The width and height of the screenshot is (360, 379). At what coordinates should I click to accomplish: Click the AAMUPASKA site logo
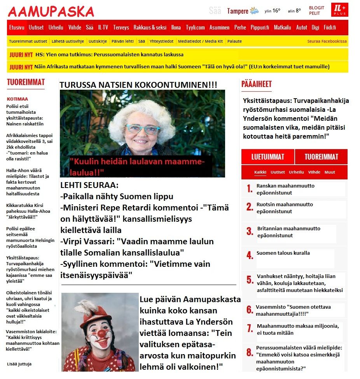tap(51, 12)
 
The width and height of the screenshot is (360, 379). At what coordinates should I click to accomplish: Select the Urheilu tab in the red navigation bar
tap(56, 28)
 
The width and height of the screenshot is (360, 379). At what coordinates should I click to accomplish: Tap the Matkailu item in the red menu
tap(282, 28)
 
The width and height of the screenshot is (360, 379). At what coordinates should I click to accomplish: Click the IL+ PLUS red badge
tap(339, 10)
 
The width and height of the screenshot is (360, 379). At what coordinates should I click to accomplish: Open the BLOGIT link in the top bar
tap(316, 8)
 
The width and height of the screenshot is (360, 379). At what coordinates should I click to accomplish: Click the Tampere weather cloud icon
tap(255, 11)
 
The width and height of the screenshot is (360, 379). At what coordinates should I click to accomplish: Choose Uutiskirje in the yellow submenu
tap(98, 41)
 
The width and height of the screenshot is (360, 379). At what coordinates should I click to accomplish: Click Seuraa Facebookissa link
tap(327, 41)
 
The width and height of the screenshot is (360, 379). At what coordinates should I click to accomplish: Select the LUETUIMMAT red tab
tap(267, 157)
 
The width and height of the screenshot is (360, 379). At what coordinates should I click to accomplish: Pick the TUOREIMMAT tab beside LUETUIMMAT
tap(321, 157)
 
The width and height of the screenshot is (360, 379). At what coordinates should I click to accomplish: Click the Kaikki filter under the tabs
tap(260, 172)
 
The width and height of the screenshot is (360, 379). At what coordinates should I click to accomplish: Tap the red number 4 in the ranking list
tap(250, 255)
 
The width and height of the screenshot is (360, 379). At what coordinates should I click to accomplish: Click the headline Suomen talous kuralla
tap(283, 253)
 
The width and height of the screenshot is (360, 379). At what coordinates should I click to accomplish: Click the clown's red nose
tap(101, 333)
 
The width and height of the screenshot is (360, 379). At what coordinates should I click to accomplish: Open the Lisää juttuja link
tap(19, 364)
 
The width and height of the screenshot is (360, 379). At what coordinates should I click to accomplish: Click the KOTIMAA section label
tap(17, 99)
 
